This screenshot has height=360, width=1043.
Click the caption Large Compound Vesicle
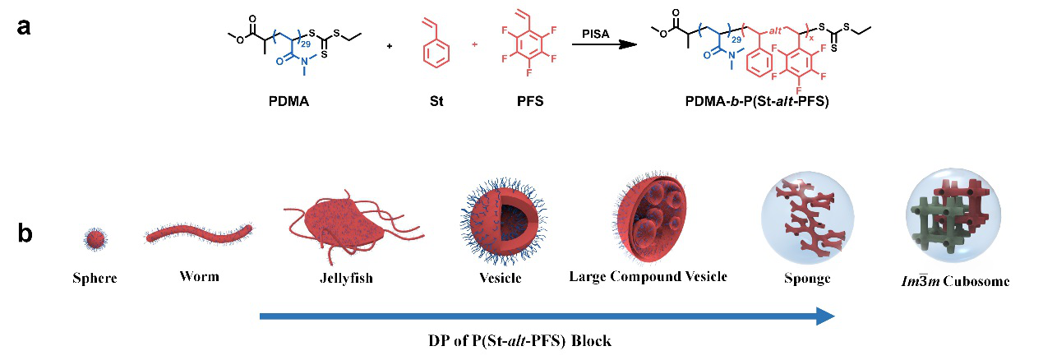coord(648,276)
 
